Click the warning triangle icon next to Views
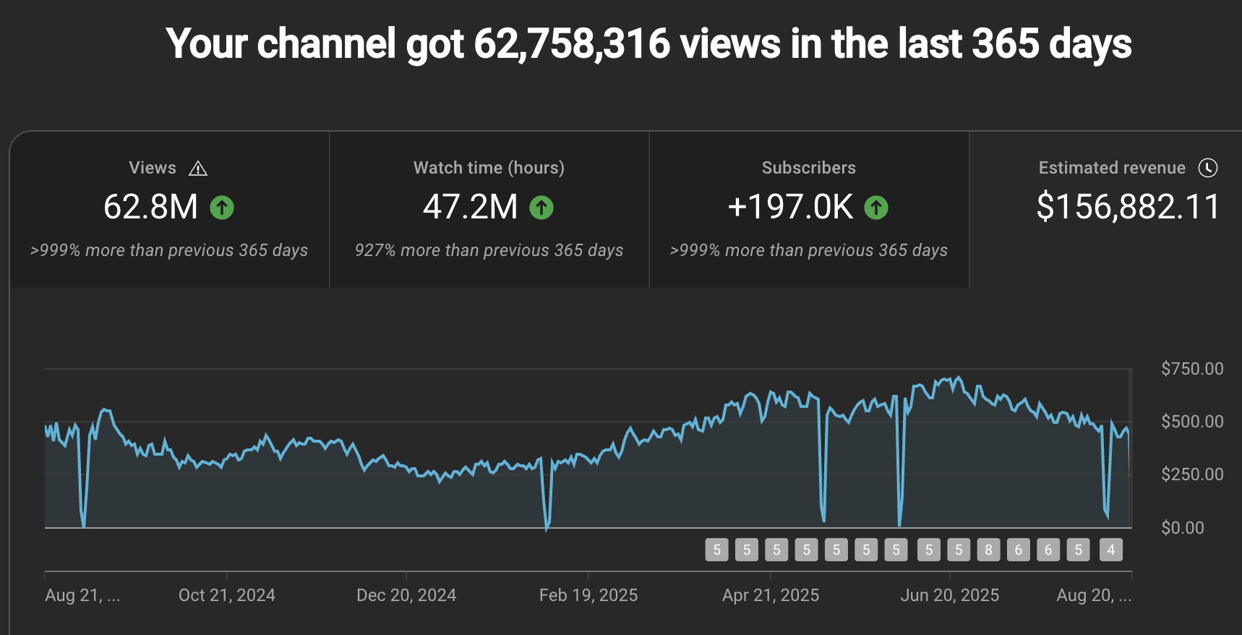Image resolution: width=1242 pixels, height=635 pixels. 198,169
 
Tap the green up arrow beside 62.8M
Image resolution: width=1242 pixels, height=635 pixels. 222,208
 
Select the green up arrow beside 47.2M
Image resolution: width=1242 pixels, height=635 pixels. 541,208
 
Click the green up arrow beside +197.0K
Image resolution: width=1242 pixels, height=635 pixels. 876,208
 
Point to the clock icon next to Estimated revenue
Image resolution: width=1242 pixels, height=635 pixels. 1208,168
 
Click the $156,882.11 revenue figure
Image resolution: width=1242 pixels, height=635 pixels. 1128,207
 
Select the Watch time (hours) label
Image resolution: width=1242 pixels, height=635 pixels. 489,168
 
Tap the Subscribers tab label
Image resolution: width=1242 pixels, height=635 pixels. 808,168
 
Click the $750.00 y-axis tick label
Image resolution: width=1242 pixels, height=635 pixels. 1192,369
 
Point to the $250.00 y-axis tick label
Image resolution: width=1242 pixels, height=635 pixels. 1192,474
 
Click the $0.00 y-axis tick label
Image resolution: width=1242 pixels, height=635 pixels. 1183,528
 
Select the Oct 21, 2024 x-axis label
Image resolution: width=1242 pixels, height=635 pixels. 227,595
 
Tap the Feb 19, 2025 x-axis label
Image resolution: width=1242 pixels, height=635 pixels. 588,595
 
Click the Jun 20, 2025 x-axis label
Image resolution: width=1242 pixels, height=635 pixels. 949,595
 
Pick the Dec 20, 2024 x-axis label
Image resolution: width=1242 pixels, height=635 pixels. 406,595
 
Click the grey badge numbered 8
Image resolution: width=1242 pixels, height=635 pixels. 988,550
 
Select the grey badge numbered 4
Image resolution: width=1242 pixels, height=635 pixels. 1111,550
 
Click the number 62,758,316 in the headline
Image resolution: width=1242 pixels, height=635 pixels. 572,43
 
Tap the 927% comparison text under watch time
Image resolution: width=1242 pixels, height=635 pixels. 489,250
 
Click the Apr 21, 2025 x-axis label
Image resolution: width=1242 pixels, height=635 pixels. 771,595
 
